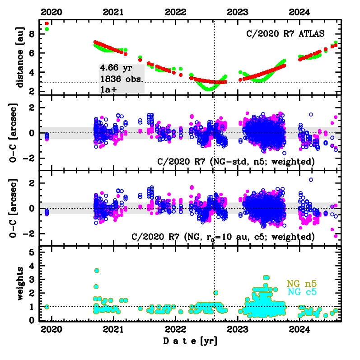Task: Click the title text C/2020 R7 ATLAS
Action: point(285,33)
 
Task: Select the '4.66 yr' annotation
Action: point(116,68)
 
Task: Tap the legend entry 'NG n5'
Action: point(301,284)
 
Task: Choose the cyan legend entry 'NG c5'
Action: point(301,292)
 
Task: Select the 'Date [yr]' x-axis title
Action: point(190,341)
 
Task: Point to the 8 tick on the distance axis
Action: point(32,34)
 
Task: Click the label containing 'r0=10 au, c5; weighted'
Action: point(222,237)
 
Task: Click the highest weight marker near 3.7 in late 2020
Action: point(97,271)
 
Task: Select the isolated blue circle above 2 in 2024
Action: point(311,180)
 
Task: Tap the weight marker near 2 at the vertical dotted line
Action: point(216,292)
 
